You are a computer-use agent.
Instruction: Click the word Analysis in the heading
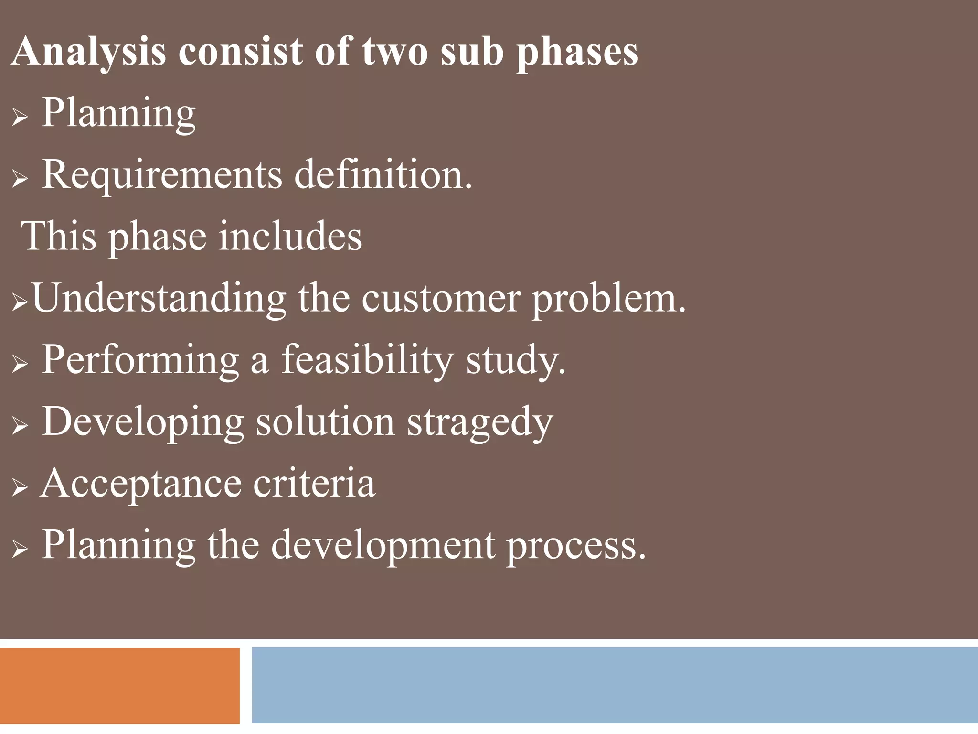pyautogui.click(x=89, y=52)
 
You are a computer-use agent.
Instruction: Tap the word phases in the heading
pyautogui.click(x=577, y=52)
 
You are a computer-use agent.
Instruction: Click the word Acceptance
pyautogui.click(x=141, y=483)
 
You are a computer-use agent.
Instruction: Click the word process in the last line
pyautogui.click(x=576, y=545)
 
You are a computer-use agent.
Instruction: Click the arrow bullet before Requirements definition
pyautogui.click(x=20, y=180)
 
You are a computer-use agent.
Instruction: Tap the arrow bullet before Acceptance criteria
pyautogui.click(x=20, y=488)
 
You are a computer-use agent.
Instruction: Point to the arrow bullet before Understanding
pyautogui.click(x=20, y=303)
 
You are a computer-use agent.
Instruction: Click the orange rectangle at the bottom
pyautogui.click(x=119, y=685)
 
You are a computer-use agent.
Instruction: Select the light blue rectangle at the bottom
pyautogui.click(x=615, y=685)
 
